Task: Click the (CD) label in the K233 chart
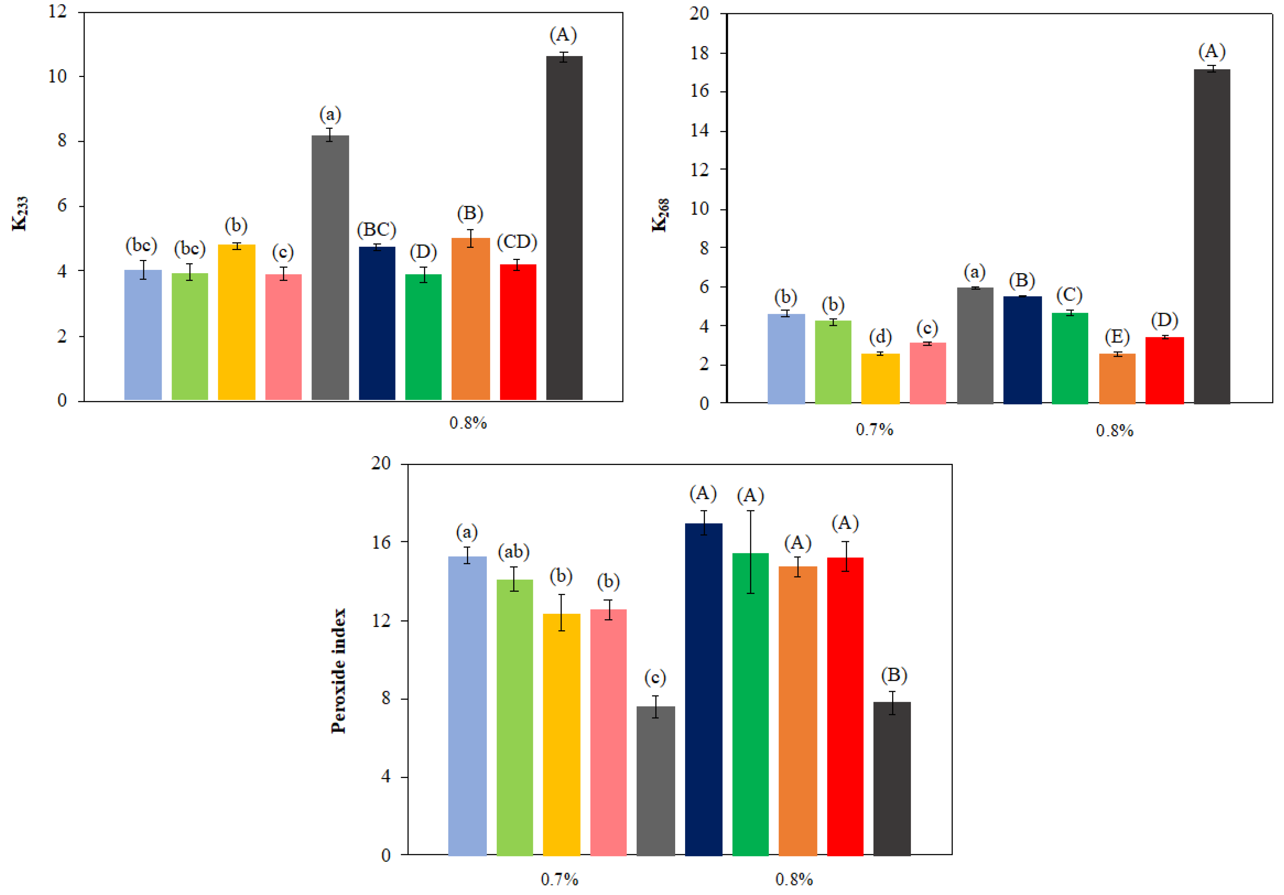click(517, 242)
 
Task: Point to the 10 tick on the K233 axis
click(58, 77)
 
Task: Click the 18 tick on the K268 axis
click(699, 53)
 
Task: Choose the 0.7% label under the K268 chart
click(874, 430)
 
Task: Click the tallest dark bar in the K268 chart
click(1211, 235)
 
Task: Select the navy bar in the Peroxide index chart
click(703, 688)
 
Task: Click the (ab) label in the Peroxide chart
click(514, 552)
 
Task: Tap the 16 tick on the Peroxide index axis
click(382, 542)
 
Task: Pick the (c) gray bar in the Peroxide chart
click(655, 780)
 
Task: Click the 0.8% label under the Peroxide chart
click(794, 879)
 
